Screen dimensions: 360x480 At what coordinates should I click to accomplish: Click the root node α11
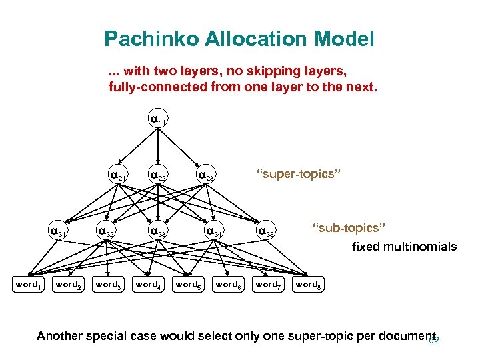[157, 121]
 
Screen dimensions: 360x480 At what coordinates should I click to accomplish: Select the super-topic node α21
[118, 176]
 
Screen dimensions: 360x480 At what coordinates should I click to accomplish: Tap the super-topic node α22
[158, 176]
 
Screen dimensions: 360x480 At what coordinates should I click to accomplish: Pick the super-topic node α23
[205, 176]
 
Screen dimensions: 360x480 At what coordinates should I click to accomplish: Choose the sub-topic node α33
[158, 232]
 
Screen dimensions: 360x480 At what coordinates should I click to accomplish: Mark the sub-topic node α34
[214, 232]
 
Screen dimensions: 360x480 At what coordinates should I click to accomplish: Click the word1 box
[27, 285]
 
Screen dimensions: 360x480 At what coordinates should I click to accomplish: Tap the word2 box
[67, 285]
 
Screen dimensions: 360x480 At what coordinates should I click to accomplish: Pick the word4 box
[147, 285]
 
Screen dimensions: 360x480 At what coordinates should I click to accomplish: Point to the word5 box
[187, 285]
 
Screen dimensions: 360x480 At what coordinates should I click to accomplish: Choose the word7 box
[267, 285]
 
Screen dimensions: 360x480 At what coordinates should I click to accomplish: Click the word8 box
[307, 285]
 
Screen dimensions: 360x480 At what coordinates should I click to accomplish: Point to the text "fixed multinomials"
[404, 247]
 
